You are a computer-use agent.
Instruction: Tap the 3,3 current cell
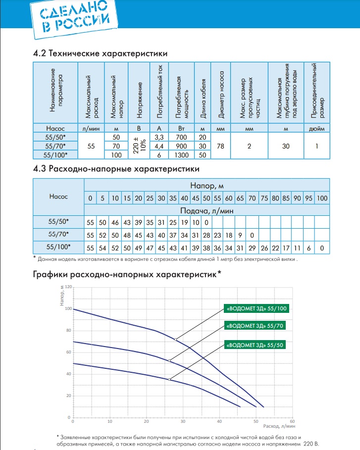point(159,137)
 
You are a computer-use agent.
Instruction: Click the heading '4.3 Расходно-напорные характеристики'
point(112,168)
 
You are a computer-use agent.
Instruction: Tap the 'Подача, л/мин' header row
point(206,210)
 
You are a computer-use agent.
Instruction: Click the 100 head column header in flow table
point(322,198)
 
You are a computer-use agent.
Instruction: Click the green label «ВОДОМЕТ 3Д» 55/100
point(256,309)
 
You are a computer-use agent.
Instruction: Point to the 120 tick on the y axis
point(68,287)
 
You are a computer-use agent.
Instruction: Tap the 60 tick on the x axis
point(292,422)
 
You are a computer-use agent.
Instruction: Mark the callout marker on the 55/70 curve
point(170,361)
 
